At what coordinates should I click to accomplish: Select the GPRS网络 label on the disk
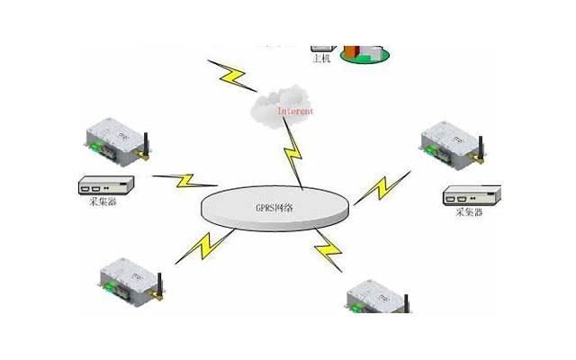point(274,208)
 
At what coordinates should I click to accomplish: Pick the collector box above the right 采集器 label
point(472,193)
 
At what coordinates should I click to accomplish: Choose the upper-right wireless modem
point(452,144)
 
